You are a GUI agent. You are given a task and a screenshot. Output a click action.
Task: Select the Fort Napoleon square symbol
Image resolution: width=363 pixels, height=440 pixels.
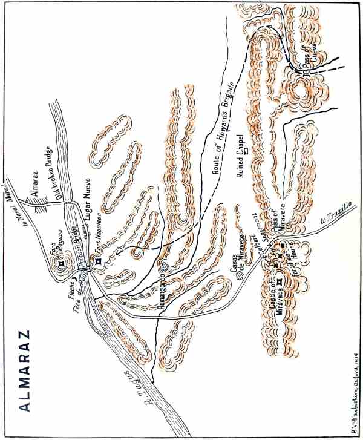tap(97, 261)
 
